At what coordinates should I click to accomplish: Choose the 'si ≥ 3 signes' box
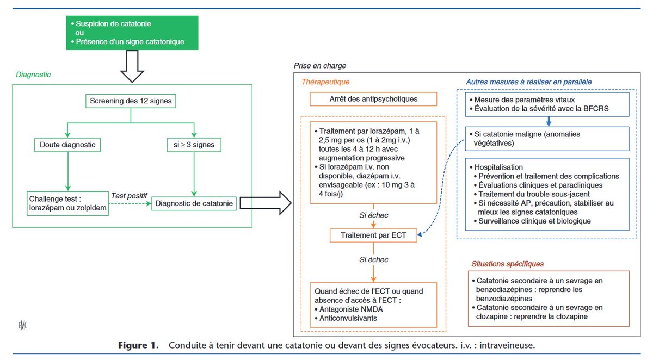(194, 145)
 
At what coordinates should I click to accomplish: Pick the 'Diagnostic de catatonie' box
(194, 204)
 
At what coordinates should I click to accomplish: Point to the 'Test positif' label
(129, 195)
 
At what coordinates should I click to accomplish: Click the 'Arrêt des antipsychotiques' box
(373, 99)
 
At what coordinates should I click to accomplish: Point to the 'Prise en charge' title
(319, 66)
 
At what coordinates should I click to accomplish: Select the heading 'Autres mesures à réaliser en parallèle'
(528, 82)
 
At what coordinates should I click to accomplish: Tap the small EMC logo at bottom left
(22, 326)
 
